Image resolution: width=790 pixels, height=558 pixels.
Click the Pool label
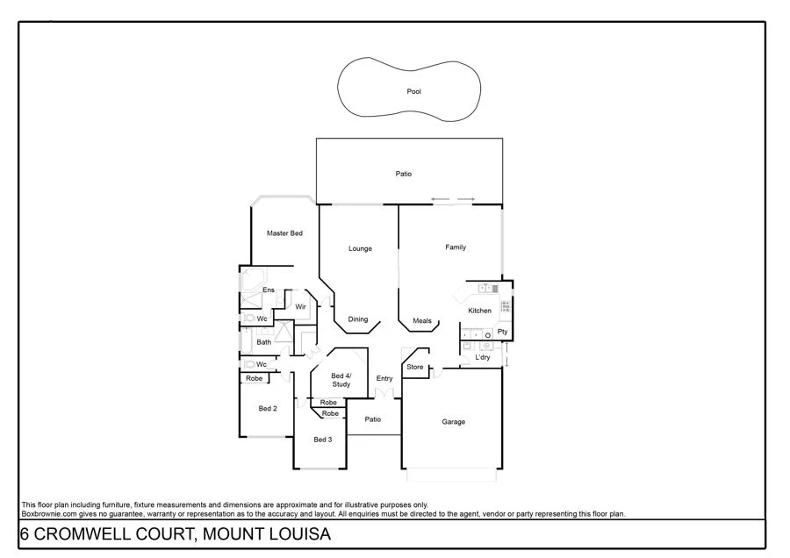tap(413, 91)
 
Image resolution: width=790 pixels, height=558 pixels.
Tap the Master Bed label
tap(284, 233)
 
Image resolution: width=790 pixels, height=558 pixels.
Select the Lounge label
tap(360, 248)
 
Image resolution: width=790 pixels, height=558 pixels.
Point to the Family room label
tap(456, 247)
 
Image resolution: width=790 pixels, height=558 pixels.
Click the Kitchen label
tap(479, 311)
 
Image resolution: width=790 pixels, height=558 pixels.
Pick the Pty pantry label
tap(502, 332)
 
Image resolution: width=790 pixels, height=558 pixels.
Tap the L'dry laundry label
tap(483, 358)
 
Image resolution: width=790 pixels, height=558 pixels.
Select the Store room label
tap(415, 367)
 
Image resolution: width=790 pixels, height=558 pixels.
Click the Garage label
tap(453, 422)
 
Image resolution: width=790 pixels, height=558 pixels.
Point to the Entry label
tap(384, 378)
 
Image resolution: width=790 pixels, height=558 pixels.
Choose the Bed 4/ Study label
tap(341, 380)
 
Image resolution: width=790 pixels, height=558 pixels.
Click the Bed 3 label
tap(323, 440)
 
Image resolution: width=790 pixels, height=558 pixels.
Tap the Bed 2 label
tap(268, 409)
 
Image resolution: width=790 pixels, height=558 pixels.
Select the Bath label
tap(264, 342)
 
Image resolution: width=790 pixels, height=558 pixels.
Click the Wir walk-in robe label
tap(301, 306)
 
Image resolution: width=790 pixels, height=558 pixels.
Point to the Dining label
tap(358, 319)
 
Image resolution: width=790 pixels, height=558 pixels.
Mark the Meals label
tap(422, 321)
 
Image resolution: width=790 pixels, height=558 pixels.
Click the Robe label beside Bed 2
tap(254, 378)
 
